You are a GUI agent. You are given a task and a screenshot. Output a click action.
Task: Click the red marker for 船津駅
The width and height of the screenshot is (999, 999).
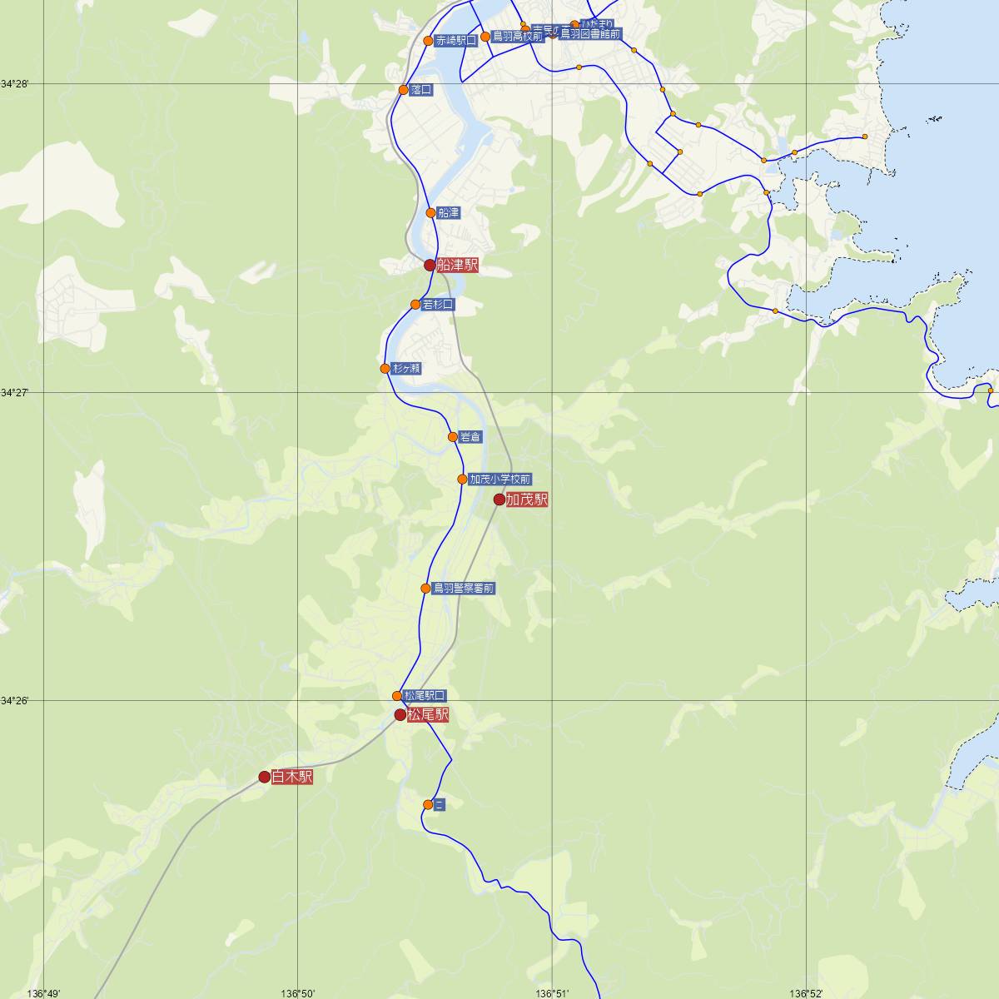(x=430, y=266)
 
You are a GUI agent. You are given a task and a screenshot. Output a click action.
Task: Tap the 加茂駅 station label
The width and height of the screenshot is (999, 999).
(x=527, y=499)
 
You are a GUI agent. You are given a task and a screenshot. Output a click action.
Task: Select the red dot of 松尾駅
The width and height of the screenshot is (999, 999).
(x=400, y=714)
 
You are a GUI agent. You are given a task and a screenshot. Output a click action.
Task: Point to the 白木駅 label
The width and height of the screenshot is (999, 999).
(x=292, y=777)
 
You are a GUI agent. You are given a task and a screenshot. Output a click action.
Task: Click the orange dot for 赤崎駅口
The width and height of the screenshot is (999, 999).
(x=428, y=41)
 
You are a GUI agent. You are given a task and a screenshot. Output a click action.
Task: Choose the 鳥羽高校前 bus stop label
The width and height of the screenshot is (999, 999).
(x=517, y=36)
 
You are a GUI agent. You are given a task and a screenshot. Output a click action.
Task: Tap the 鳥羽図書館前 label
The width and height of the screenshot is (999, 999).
(x=590, y=34)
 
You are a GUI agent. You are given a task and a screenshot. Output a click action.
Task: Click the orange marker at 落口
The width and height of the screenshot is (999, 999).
(x=404, y=90)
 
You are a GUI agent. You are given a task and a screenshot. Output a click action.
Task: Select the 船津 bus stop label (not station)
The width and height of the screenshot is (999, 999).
(x=449, y=213)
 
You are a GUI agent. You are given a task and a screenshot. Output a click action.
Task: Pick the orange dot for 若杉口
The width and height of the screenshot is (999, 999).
(x=415, y=305)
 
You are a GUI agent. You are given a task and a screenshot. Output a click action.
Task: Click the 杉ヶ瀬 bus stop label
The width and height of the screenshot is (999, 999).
(x=406, y=368)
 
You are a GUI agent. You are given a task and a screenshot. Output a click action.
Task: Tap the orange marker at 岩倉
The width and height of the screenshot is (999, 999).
(x=453, y=437)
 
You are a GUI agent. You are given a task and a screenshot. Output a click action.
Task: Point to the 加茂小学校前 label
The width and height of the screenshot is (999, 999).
(x=499, y=480)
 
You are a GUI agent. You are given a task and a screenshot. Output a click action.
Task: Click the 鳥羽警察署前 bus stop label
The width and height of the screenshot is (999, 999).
(x=464, y=589)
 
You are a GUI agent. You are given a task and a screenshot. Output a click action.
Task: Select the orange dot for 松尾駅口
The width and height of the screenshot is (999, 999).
(x=397, y=696)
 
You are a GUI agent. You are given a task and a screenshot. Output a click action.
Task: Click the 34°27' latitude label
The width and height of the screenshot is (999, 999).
(x=14, y=392)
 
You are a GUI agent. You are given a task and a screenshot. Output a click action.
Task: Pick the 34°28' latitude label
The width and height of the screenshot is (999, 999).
(x=14, y=84)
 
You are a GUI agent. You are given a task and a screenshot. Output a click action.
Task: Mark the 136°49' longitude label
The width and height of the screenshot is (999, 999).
(x=43, y=993)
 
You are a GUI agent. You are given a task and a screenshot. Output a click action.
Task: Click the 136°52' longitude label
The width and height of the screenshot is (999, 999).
(x=806, y=993)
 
